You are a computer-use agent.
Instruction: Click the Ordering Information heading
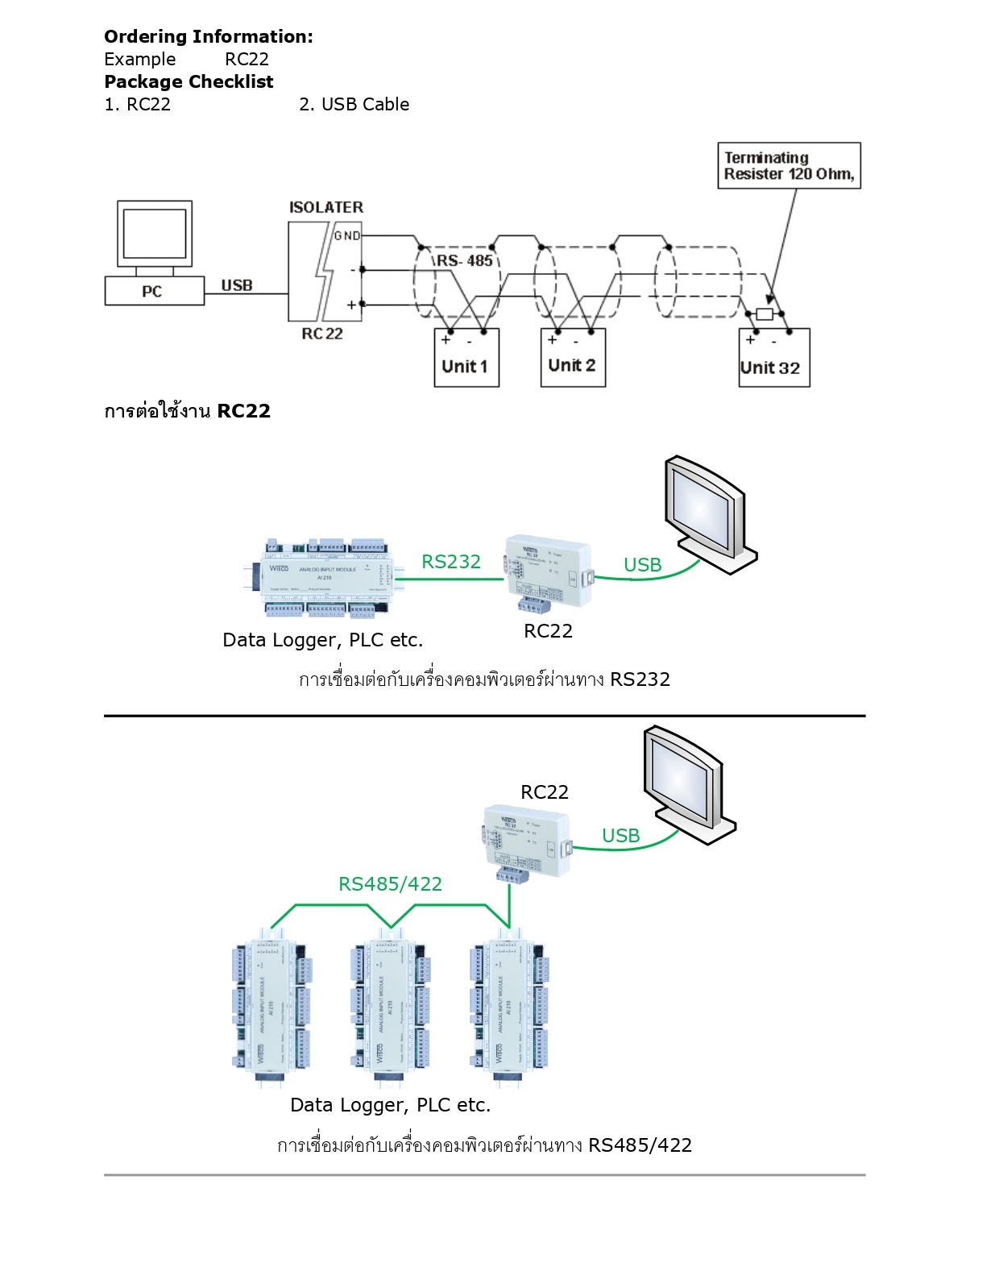(x=209, y=36)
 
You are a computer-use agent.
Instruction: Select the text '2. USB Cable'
(x=354, y=104)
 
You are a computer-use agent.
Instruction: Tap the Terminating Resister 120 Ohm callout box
(x=789, y=166)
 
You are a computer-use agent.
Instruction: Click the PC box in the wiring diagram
(x=154, y=291)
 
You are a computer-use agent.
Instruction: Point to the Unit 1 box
(x=466, y=359)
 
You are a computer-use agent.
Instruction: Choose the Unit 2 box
(x=573, y=359)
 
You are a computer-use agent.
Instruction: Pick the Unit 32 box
(x=773, y=359)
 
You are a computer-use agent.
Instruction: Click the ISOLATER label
(x=326, y=207)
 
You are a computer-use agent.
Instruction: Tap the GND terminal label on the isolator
(x=347, y=235)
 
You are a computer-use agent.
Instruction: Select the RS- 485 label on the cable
(x=465, y=260)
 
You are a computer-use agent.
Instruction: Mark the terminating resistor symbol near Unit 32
(x=765, y=314)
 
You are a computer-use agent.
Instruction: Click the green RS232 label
(x=451, y=562)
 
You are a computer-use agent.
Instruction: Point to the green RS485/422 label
(x=391, y=884)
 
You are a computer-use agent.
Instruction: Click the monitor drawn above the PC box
(x=155, y=234)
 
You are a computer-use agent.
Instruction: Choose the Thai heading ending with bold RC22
(x=187, y=411)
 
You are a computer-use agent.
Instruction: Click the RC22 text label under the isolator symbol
(x=322, y=334)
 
